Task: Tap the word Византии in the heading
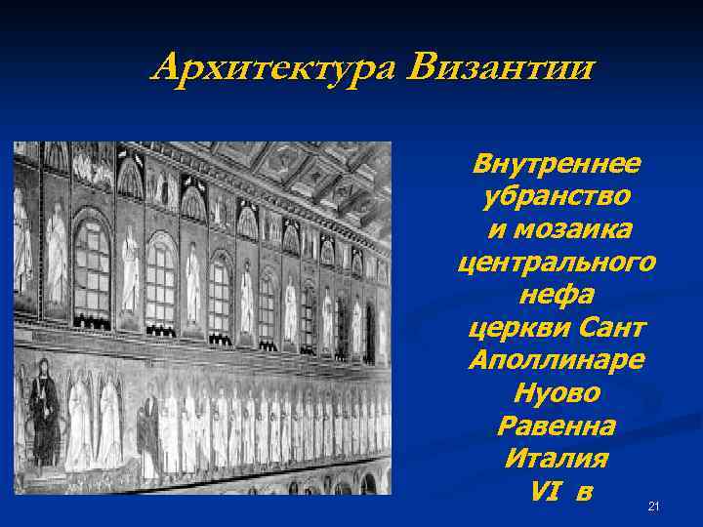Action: coord(502,68)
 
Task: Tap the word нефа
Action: coord(556,296)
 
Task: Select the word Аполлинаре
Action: coord(556,361)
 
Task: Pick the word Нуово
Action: coord(556,394)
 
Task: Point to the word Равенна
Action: coord(556,427)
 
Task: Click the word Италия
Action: coord(556,460)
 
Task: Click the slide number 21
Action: coord(654,506)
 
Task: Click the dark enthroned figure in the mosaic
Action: coord(43,409)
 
